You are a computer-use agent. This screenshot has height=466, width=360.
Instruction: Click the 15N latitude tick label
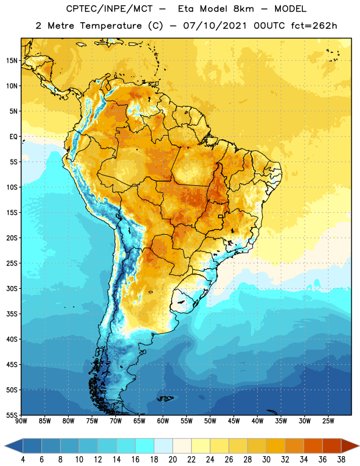coord(12,61)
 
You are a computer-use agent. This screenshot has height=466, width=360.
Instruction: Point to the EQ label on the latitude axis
coord(13,137)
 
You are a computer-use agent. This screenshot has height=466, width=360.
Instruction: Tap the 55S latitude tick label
coord(12,415)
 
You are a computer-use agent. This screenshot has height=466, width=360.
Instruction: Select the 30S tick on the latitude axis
coord(12,288)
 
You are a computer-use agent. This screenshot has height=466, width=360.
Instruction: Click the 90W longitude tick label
coord(21,421)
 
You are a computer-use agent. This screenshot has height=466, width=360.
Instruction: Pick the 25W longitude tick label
coord(328,421)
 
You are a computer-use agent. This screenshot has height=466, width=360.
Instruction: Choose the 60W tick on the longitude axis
coord(163,421)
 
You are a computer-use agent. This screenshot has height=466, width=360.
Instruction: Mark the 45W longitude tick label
coord(234,421)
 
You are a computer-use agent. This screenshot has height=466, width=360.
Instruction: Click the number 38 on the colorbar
coord(341,460)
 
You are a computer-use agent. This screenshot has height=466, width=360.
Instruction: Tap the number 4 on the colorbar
coord(23,460)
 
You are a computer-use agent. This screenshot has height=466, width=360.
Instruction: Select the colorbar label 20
coord(172,460)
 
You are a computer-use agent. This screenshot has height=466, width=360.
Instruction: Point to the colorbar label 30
coord(266,460)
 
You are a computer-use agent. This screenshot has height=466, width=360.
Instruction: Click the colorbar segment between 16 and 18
coord(145,446)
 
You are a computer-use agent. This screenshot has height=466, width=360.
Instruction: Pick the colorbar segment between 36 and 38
coord(332,446)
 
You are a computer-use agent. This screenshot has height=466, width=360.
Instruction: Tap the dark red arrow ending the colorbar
coord(350,446)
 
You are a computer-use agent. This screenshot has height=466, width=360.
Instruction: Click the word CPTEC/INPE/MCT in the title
coord(110,9)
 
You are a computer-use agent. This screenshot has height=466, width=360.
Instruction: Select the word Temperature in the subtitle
coord(111,26)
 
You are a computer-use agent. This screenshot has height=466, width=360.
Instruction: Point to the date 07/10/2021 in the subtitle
coord(214,26)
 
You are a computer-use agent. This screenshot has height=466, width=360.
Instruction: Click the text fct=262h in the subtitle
coord(314,26)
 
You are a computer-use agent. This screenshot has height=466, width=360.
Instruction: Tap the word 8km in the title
coord(243,9)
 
